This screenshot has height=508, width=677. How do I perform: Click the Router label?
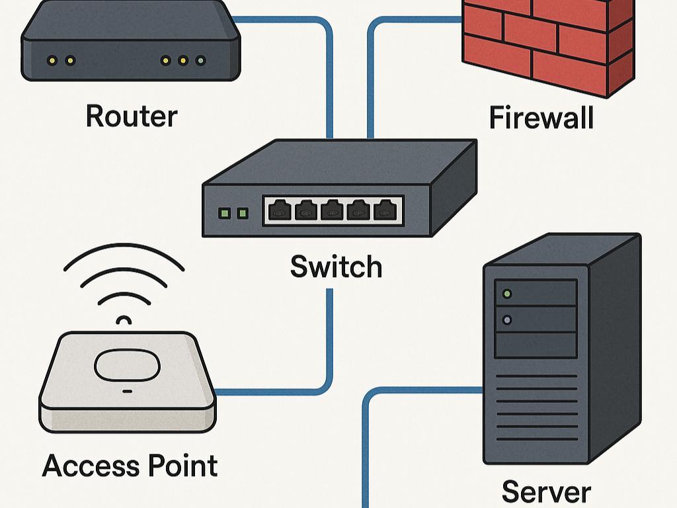click(132, 116)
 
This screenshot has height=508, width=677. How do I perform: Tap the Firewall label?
click(541, 118)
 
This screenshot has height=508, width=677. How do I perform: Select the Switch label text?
click(336, 267)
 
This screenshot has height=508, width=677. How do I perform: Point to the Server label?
click(546, 492)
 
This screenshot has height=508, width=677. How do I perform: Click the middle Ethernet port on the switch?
click(332, 211)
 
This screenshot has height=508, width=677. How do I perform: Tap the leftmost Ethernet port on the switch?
click(280, 211)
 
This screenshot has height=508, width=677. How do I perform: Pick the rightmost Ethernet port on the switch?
click(384, 211)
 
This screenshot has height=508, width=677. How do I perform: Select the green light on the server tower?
click(507, 293)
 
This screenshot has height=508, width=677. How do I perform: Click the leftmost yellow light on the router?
click(52, 61)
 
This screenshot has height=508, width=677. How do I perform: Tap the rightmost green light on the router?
click(200, 61)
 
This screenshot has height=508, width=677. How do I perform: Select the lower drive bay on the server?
click(536, 344)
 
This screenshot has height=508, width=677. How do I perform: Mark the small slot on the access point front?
click(126, 392)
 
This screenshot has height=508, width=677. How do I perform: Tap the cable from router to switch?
click(330, 73)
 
